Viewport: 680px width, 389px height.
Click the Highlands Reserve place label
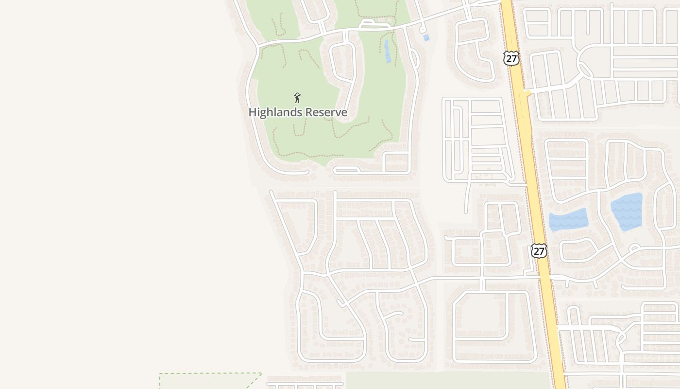tap(298, 112)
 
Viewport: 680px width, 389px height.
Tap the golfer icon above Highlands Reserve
tap(297, 98)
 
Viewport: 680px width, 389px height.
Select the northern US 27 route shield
tap(511, 58)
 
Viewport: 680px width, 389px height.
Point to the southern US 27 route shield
tap(539, 251)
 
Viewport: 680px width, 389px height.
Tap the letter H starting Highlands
tap(252, 112)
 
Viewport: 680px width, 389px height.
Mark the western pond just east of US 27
tap(568, 220)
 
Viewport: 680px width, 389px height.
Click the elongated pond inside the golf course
tap(387, 51)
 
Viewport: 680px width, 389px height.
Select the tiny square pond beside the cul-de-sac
tap(426, 37)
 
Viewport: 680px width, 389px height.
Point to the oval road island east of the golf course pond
tap(414, 58)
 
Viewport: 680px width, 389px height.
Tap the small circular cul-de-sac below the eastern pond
tap(633, 248)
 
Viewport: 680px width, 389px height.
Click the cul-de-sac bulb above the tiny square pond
tap(423, 29)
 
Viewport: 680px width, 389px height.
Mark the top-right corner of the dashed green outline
tap(261, 373)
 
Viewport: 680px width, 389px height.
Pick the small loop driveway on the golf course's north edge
tap(375, 23)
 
